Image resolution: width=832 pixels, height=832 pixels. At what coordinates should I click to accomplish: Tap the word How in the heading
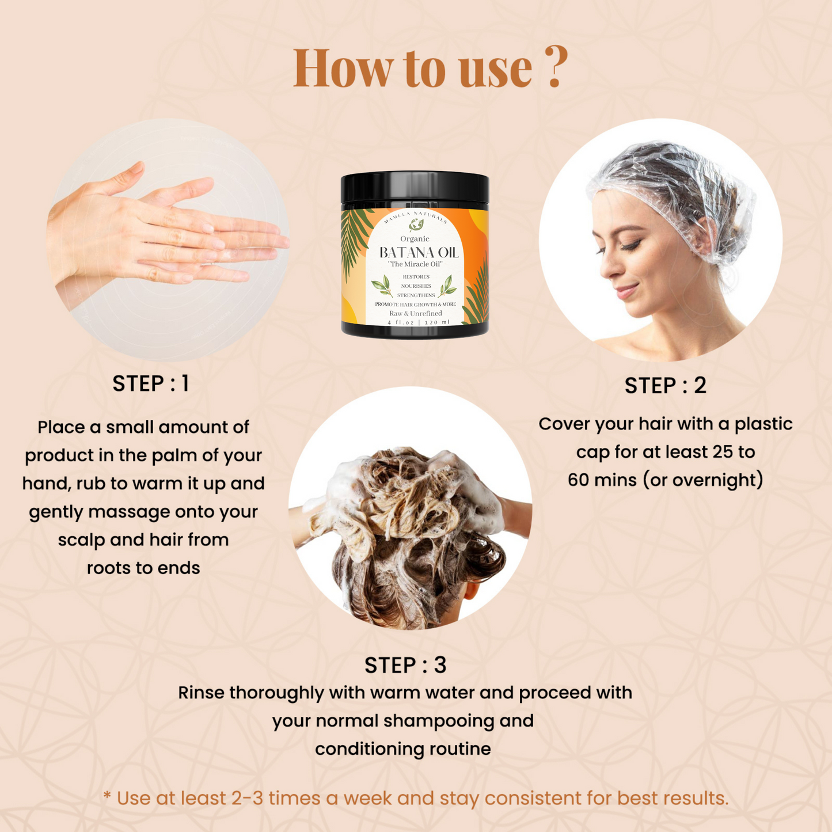pos(341,68)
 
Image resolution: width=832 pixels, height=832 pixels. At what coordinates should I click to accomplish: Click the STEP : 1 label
pos(151,383)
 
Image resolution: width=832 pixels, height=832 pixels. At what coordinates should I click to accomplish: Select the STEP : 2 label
pos(665,386)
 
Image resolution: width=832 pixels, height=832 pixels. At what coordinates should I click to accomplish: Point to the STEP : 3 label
pos(405,666)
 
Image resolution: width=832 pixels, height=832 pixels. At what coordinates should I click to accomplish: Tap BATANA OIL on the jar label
pos(419,253)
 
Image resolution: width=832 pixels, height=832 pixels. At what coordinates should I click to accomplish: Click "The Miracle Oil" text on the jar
pos(415,264)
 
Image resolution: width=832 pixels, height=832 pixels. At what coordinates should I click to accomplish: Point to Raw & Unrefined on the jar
pos(415,313)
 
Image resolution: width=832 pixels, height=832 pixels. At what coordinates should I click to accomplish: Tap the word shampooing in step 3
pos(438,721)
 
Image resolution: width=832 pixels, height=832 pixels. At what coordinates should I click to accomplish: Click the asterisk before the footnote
pos(107,795)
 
